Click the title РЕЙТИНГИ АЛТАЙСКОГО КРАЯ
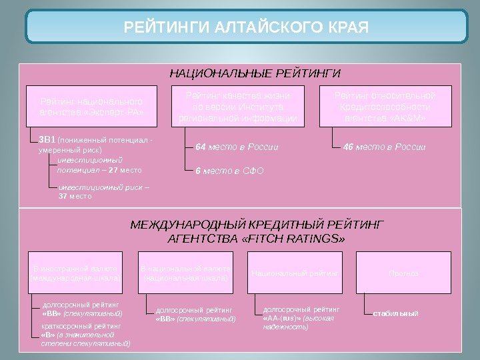point(246,28)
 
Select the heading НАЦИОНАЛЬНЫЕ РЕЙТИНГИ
point(255,73)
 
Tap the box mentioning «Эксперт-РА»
point(92,107)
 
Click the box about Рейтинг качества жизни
point(238,107)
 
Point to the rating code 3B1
point(47,141)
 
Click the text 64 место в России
point(237,147)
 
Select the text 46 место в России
point(384,147)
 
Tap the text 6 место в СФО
point(229,171)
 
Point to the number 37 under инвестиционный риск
point(63,197)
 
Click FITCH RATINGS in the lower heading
point(299,238)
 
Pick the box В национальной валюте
point(185,273)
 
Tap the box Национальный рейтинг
point(295,273)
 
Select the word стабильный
point(395,313)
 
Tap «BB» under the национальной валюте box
point(165,319)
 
